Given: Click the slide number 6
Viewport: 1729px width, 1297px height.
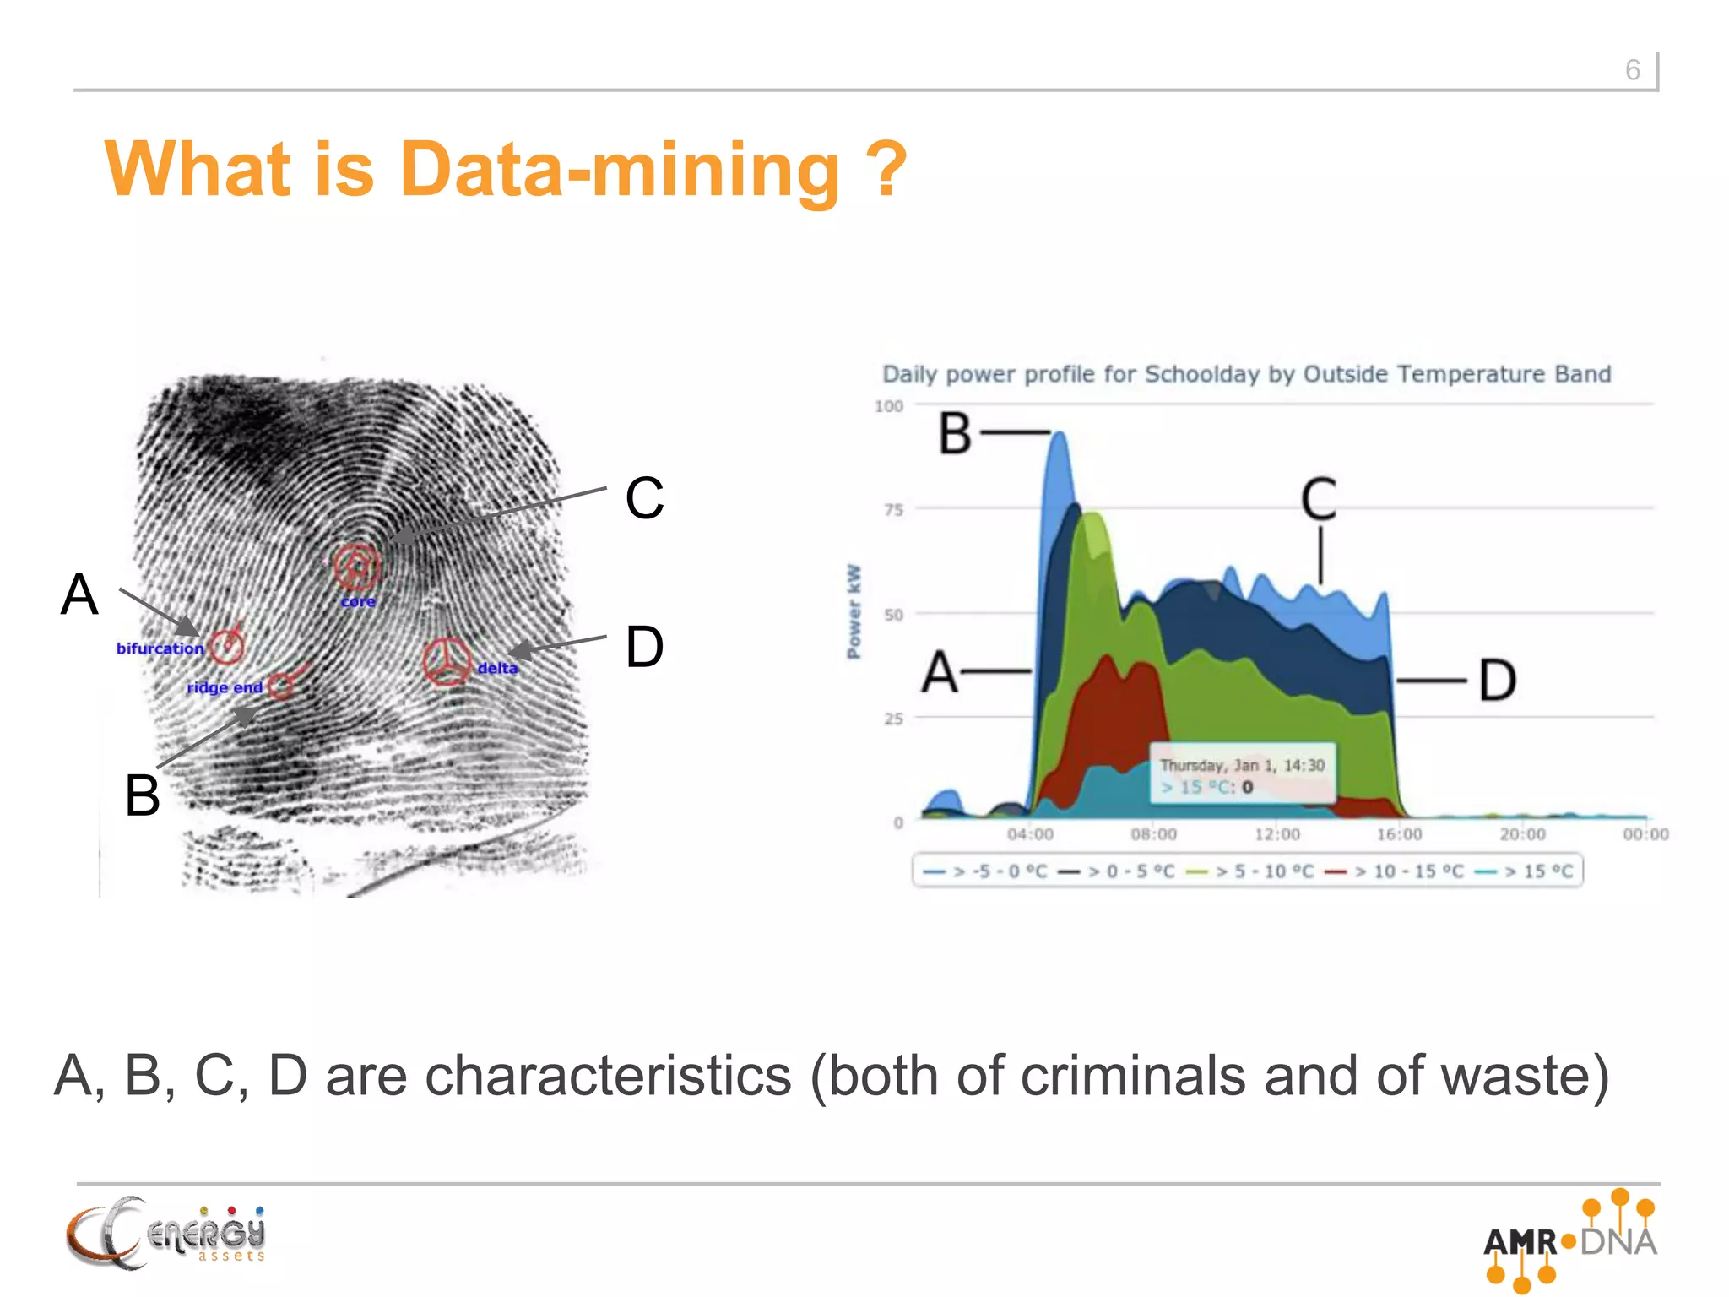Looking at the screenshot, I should (1632, 69).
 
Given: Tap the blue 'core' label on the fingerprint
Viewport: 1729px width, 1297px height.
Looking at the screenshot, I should (358, 602).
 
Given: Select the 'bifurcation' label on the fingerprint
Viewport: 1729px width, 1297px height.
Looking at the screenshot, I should (160, 648).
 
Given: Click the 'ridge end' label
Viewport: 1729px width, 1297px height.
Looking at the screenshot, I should (225, 687).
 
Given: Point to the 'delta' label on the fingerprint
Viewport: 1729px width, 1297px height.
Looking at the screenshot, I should (497, 668).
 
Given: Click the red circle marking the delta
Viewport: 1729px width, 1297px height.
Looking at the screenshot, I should (447, 661).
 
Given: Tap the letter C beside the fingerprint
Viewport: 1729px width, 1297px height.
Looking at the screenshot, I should (644, 497).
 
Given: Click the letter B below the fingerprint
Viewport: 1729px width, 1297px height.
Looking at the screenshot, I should (142, 795).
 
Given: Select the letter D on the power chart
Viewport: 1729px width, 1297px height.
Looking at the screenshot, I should (1498, 681).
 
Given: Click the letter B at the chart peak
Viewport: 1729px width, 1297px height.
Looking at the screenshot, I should (956, 434).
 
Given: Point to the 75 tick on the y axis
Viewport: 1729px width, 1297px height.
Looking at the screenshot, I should (893, 509).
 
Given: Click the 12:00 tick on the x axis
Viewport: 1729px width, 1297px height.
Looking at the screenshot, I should (1276, 834).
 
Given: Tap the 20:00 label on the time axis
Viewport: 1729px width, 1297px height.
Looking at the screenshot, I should (1522, 834).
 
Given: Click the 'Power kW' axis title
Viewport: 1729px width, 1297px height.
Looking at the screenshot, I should (854, 611).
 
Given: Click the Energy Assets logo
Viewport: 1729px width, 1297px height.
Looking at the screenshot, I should (166, 1234).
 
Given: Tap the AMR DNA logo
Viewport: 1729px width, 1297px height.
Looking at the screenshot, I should (1570, 1240).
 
